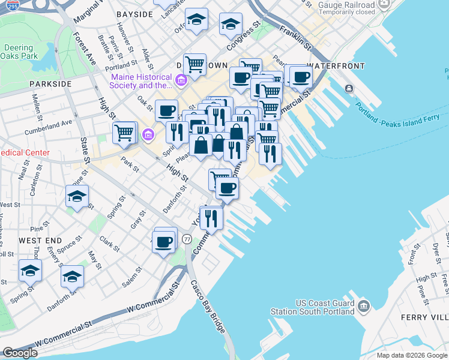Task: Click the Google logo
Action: [x=20, y=353]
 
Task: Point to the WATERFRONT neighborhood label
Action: [x=336, y=65]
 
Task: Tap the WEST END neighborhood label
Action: [x=38, y=240]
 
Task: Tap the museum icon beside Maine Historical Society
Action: [x=181, y=79]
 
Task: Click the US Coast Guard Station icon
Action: [x=363, y=307]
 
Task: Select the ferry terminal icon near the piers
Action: [x=349, y=89]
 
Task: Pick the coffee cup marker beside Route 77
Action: [x=164, y=241]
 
